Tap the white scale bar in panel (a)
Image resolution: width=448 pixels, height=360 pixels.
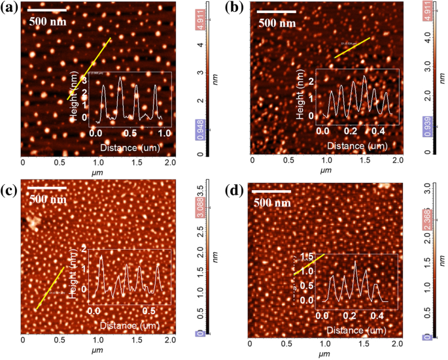click(x=48, y=10)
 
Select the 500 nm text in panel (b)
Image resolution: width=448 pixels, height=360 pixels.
click(x=277, y=23)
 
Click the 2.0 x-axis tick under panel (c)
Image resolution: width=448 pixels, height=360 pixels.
click(x=170, y=340)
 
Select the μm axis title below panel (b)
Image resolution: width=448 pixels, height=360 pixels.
click(x=324, y=172)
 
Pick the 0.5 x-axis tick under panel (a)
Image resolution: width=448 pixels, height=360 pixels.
click(x=60, y=160)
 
